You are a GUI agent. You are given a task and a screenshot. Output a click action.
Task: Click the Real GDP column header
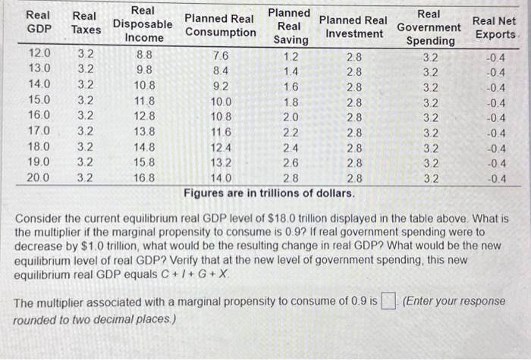(39, 23)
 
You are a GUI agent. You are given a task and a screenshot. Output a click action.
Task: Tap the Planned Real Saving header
(290, 27)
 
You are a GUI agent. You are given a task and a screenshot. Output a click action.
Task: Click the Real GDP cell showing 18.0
(39, 146)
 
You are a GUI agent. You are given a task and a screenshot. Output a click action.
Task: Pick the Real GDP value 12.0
(39, 55)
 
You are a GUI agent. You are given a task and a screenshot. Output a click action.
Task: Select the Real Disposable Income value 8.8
(144, 55)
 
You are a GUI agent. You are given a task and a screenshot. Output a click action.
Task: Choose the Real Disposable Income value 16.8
(144, 178)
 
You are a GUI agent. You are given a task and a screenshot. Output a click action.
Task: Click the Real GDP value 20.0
(39, 178)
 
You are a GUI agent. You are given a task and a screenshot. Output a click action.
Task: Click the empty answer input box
(389, 303)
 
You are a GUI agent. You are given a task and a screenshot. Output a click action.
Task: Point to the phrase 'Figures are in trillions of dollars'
(269, 193)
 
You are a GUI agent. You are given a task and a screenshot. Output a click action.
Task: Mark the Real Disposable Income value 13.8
(144, 131)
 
